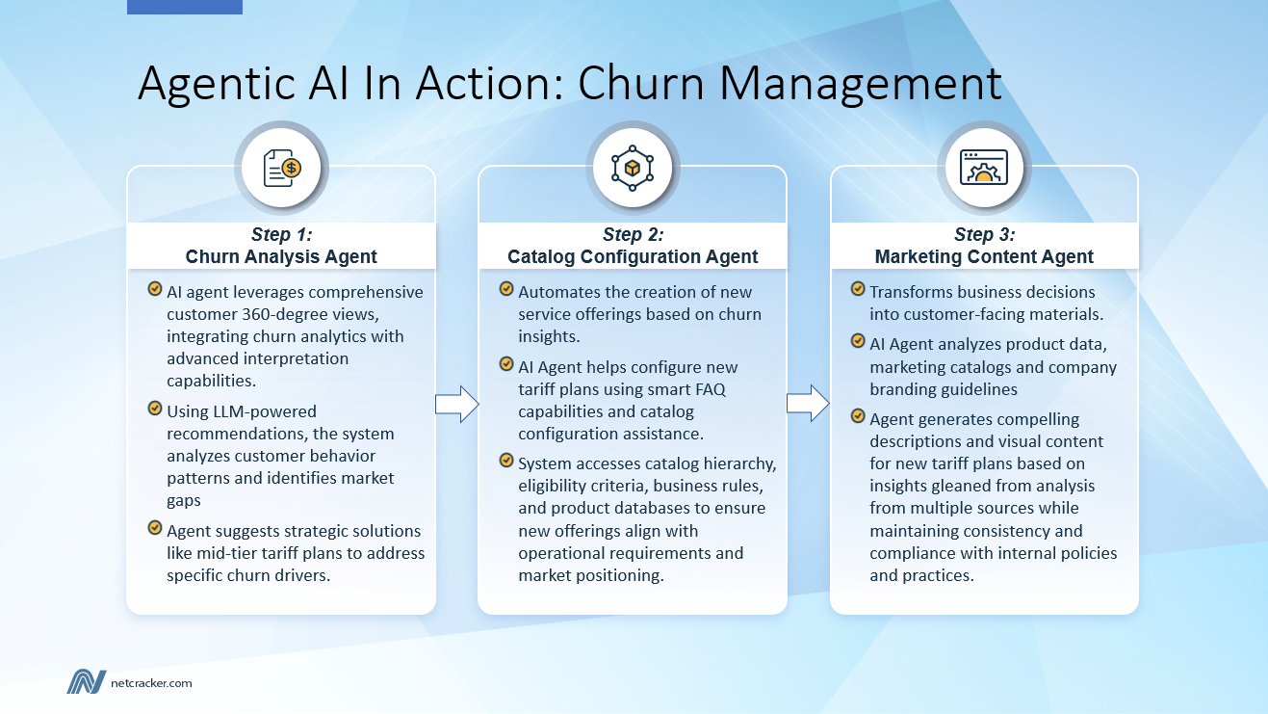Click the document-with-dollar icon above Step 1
[x=282, y=168]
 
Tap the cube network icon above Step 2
[x=633, y=168]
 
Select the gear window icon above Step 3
[x=983, y=168]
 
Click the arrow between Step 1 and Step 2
[x=456, y=404]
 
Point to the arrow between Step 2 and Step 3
[x=808, y=404]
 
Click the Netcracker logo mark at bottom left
[x=86, y=681]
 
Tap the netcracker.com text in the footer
[x=151, y=683]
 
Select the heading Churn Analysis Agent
[x=281, y=256]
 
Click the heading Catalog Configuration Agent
[x=633, y=256]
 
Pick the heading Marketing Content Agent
[x=984, y=256]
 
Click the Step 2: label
[x=633, y=235]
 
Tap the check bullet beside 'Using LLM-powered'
[x=154, y=410]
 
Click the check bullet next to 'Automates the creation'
[x=506, y=289]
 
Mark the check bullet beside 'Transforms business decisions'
[x=857, y=289]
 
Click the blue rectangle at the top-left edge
[x=185, y=7]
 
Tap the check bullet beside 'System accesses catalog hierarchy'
[x=506, y=461]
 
